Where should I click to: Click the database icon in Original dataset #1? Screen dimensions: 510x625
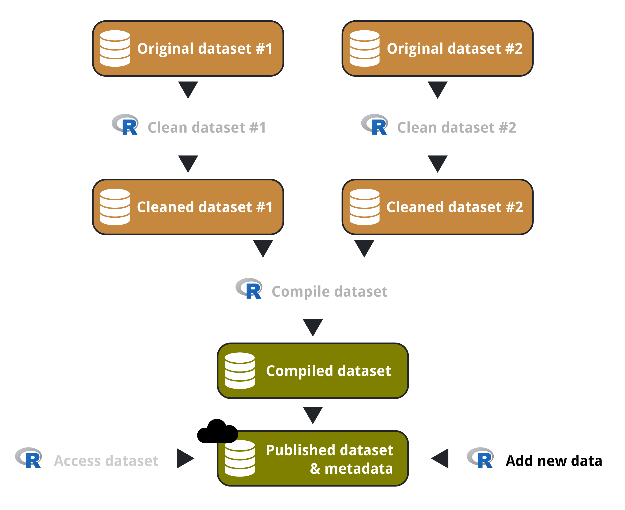(x=115, y=49)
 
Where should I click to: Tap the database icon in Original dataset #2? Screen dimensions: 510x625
(x=364, y=49)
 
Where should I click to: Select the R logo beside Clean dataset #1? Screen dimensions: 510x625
(x=125, y=125)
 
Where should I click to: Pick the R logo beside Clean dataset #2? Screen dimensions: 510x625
(x=375, y=125)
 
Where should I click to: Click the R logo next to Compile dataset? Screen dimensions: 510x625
(x=249, y=289)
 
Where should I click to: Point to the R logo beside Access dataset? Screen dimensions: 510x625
(x=29, y=458)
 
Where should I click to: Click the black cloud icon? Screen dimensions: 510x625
(x=217, y=432)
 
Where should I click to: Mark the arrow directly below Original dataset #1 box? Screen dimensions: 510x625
(x=188, y=89)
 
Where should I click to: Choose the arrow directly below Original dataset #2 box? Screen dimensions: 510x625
(x=438, y=89)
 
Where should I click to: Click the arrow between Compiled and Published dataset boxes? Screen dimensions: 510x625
(x=313, y=414)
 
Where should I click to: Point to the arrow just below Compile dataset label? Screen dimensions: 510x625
(x=313, y=327)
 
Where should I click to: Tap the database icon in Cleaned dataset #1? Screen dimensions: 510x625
(x=115, y=207)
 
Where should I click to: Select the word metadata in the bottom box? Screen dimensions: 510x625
(x=359, y=469)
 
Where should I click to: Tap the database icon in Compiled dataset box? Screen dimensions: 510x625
(x=240, y=371)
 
